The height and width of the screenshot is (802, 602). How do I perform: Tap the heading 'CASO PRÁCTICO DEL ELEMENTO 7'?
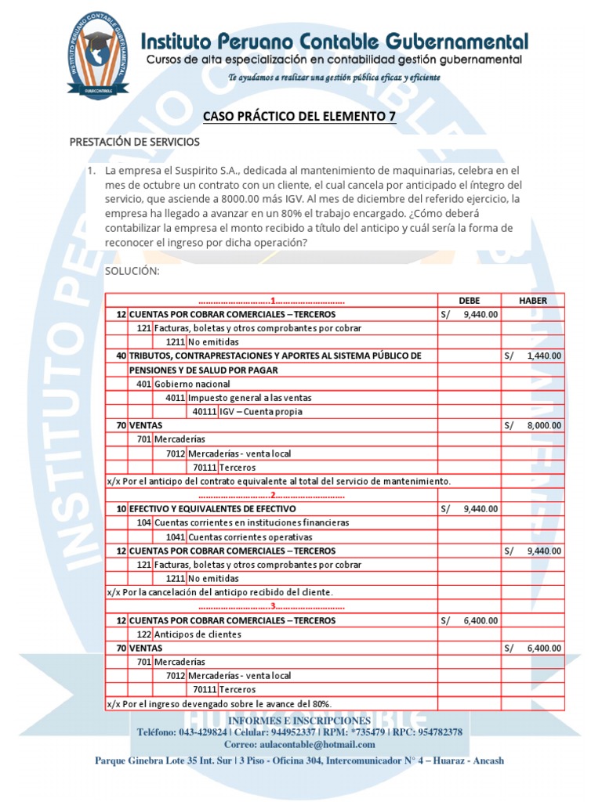click(299, 117)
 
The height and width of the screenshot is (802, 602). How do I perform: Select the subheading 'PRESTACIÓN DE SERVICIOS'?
click(135, 142)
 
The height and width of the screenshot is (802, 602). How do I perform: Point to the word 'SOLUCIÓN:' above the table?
click(132, 271)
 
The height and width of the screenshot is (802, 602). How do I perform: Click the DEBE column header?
click(469, 300)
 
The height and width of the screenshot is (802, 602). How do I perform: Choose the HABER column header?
click(533, 300)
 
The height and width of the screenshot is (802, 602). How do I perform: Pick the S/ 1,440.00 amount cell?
click(533, 356)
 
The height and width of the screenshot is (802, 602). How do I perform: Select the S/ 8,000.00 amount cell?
click(533, 425)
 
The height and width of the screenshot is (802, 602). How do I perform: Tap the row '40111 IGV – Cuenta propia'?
click(247, 411)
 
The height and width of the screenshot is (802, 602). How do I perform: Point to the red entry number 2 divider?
click(271, 495)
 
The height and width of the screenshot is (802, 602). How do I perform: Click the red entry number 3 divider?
click(271, 606)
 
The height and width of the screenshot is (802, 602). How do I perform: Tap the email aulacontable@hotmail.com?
click(299, 743)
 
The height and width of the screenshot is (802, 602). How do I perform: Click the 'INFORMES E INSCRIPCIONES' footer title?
click(299, 720)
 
